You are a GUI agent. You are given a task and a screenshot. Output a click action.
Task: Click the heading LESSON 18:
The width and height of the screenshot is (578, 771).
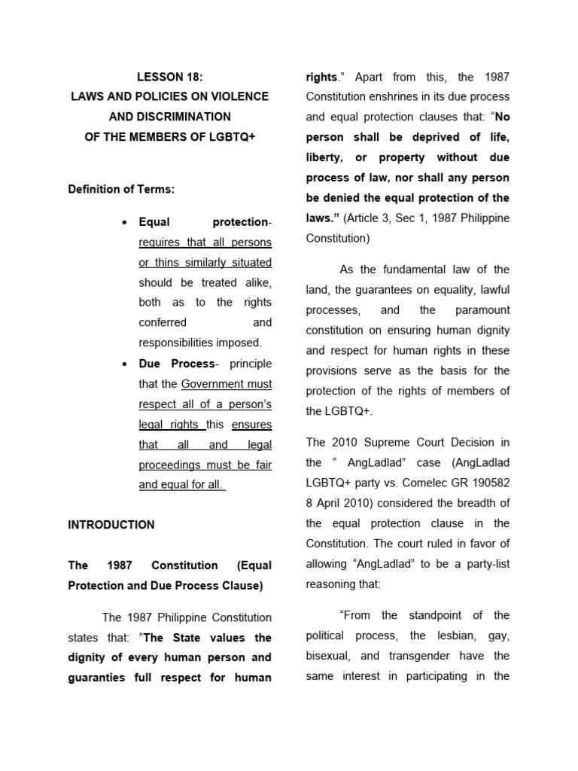click(x=170, y=77)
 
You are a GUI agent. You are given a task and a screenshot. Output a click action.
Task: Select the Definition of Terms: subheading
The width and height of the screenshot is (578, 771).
click(x=121, y=189)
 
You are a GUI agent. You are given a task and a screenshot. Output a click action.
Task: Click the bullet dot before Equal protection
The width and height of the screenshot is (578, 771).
click(x=123, y=222)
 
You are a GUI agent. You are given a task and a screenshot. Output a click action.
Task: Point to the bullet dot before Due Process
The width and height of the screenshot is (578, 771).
click(x=123, y=364)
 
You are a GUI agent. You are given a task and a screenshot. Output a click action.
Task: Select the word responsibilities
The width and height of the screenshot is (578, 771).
click(x=175, y=343)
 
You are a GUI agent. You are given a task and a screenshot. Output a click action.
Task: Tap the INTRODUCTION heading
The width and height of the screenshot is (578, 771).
click(x=111, y=525)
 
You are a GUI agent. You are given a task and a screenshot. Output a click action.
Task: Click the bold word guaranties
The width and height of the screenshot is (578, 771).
click(x=98, y=678)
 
